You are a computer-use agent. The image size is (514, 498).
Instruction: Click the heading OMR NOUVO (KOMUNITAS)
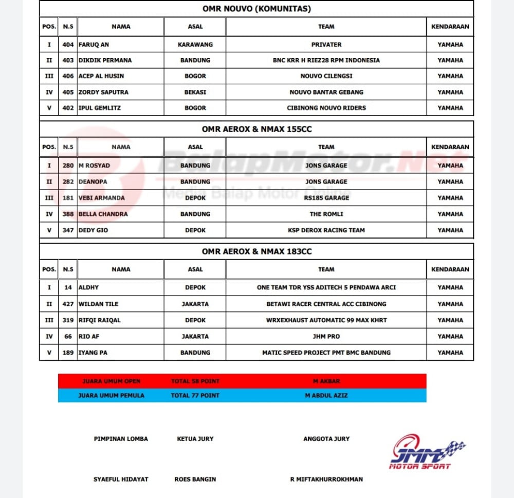coord(256,9)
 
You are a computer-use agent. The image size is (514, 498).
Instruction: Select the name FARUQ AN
coord(94,45)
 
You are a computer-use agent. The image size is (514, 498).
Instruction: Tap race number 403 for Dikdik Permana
coord(68,60)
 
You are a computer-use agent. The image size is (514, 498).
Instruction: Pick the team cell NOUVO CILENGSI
coord(326,76)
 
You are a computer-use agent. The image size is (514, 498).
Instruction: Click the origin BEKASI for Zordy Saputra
coord(195,92)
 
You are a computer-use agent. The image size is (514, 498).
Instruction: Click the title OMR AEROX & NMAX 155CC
coord(256,129)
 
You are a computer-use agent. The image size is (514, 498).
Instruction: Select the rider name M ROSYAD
coord(94,165)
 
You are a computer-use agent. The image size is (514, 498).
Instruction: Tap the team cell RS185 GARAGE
coord(326,198)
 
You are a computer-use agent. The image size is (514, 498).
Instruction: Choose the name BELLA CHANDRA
coord(103,214)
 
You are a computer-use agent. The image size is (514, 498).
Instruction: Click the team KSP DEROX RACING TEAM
coord(326,230)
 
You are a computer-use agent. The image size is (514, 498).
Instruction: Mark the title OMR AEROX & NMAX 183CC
coord(256,251)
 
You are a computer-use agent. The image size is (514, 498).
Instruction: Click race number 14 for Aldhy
coord(68,288)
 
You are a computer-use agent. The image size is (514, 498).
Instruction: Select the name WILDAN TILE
coord(98,304)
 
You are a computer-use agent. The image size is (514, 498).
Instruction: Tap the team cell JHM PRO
coord(326,336)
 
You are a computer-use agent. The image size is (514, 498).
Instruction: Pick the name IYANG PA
coord(93,353)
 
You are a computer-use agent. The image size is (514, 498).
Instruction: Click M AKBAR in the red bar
coord(326,381)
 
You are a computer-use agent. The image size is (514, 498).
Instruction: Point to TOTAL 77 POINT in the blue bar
coord(195,395)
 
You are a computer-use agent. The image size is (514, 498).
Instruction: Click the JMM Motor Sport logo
coord(427,452)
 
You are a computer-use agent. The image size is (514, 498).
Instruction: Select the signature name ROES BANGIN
coord(195,479)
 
